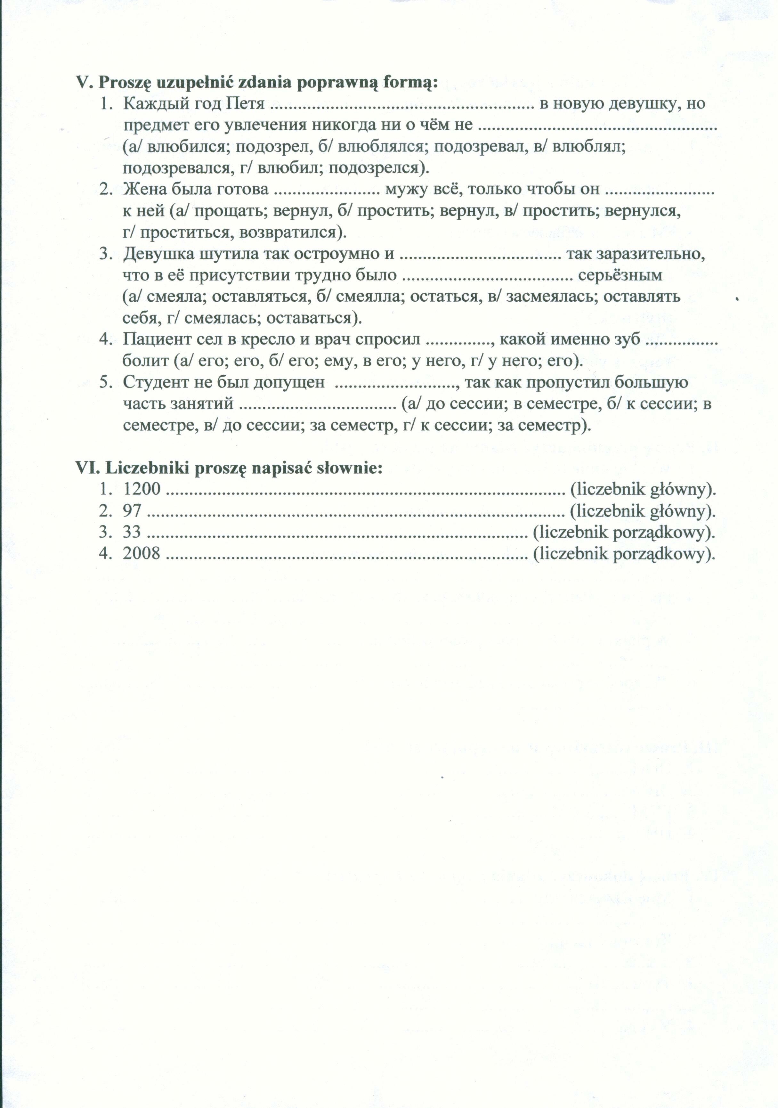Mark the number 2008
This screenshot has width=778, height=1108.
click(141, 553)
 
